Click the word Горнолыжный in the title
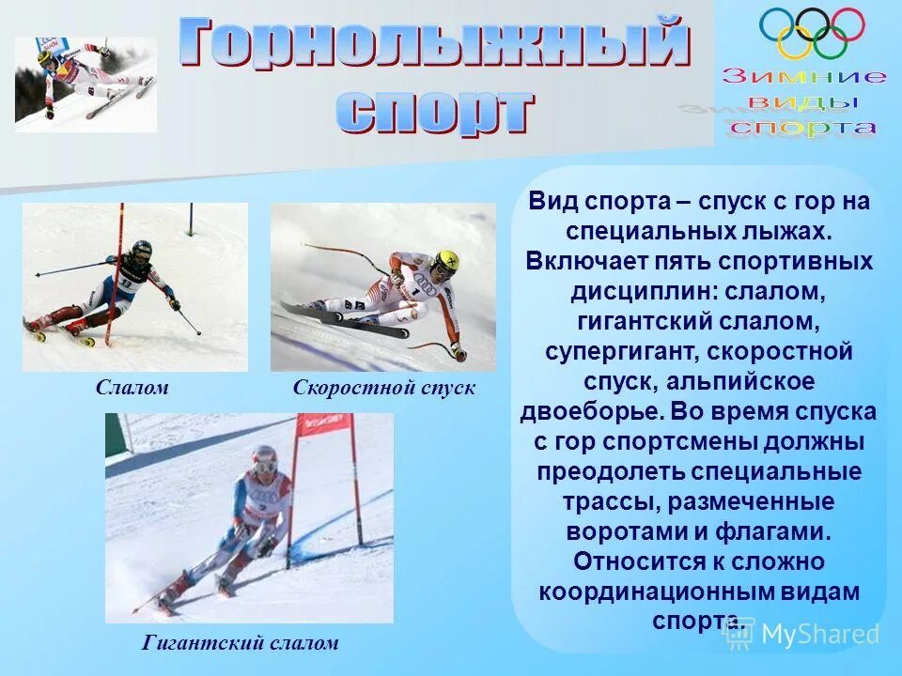point(434,45)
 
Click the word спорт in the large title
point(434,113)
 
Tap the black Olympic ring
point(812,23)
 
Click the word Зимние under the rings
point(804,77)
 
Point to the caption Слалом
point(132,388)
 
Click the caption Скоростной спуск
point(384,388)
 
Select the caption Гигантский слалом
point(240,644)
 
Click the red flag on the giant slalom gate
point(324,425)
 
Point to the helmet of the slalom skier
point(142,250)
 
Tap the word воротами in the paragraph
point(624,531)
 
